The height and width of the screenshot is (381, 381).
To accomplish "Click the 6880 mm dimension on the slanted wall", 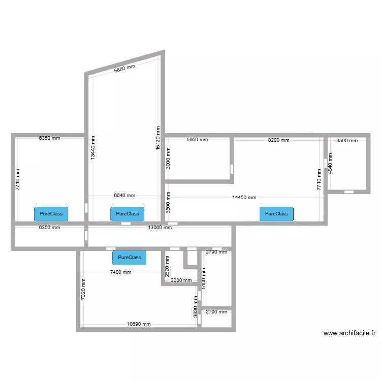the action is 124,68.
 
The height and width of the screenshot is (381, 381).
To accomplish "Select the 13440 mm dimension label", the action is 93,148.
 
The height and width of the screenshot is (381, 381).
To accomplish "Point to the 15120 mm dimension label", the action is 158,138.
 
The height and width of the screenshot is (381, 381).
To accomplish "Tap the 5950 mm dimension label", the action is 197,140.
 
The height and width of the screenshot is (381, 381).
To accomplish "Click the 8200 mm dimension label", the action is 278,140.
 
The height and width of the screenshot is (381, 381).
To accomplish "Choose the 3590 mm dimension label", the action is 347,140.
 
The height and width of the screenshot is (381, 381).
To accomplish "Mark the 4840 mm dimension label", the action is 330,164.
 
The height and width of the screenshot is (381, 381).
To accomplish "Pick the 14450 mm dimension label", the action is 244,198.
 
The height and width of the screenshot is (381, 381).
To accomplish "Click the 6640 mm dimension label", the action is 124,196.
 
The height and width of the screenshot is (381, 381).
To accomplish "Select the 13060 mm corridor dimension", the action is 160,228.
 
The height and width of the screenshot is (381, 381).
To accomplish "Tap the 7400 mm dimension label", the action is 120,272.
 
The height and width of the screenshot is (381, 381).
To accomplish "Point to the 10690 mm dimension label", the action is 139,324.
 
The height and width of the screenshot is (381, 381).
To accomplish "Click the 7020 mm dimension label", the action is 83,289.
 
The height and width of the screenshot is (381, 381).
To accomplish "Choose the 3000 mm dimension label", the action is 181,280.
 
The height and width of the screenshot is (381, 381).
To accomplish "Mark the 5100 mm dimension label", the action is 204,278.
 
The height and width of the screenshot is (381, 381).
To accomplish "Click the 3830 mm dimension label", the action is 196,307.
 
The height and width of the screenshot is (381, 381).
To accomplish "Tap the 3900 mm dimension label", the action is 168,158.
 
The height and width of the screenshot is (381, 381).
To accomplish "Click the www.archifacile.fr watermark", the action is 350,333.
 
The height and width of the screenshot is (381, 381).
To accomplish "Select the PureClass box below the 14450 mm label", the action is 276,214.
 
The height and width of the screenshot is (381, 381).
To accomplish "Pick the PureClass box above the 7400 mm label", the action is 129,258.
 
